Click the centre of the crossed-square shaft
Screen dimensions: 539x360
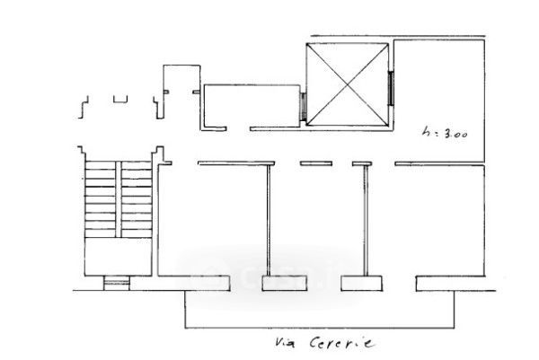point(348,88)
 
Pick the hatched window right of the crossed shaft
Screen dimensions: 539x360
point(392,88)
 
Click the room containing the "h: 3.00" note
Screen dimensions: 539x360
point(438,99)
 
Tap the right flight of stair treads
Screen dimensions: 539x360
point(135,199)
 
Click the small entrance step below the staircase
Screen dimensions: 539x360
point(117,285)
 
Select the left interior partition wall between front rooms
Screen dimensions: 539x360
point(269,220)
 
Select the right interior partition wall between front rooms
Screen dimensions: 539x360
point(364,220)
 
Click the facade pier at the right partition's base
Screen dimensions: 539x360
point(364,285)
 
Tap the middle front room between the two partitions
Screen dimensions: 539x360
point(316,224)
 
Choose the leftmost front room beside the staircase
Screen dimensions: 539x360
point(213,224)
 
